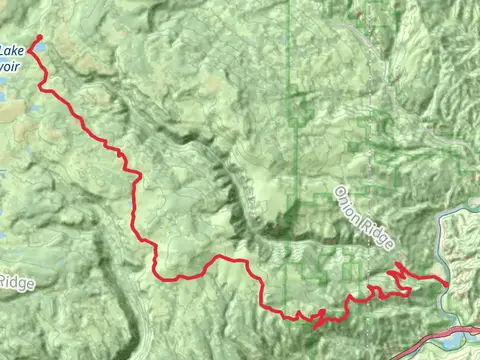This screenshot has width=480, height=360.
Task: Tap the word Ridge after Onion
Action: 379,232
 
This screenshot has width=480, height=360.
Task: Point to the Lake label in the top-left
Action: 12,49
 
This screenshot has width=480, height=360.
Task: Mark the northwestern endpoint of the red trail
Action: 40,37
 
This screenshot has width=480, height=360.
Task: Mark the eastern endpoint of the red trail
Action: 446,283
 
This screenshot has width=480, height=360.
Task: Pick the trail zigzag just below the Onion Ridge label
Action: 398,269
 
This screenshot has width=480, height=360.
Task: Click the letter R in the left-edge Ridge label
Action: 4,282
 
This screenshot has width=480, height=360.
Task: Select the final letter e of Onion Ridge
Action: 392,245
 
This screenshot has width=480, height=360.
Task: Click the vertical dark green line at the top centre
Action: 290,60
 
